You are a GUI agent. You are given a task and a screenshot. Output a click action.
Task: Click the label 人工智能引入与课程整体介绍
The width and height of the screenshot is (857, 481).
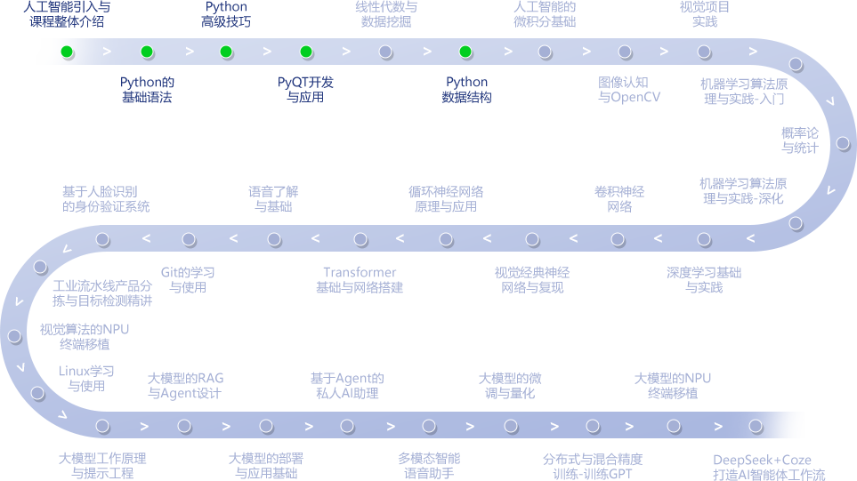click(x=66, y=14)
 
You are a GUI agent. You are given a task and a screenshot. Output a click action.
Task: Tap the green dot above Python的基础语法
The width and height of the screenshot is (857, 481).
click(x=147, y=52)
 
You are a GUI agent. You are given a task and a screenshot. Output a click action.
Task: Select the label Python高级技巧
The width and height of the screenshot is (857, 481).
click(x=226, y=14)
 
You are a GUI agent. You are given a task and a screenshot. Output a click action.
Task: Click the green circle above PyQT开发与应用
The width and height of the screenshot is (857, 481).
click(x=306, y=52)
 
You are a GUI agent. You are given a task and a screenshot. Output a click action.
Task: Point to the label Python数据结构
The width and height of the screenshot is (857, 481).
click(x=466, y=90)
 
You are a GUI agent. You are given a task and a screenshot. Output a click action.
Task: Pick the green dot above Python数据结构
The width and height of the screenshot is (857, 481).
click(x=465, y=52)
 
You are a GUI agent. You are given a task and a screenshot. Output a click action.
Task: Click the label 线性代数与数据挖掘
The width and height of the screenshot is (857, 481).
click(x=386, y=14)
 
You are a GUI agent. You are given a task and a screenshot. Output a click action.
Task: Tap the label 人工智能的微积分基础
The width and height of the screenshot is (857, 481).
click(x=545, y=14)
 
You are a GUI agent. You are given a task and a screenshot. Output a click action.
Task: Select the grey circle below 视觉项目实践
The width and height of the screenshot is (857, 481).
click(x=704, y=52)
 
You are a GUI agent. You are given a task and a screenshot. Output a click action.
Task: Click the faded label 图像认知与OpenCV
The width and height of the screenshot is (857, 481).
click(x=629, y=90)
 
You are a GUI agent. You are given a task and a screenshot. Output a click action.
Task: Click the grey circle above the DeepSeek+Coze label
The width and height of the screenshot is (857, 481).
click(x=756, y=426)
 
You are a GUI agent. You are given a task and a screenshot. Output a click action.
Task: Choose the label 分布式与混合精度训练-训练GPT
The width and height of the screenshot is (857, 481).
click(x=592, y=466)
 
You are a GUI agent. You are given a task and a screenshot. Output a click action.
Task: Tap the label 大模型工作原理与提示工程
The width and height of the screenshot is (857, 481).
click(x=102, y=466)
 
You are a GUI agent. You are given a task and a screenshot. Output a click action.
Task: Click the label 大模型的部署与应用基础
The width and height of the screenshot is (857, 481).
click(x=266, y=466)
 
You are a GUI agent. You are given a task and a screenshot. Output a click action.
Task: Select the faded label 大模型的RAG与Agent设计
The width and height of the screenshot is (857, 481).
click(x=185, y=386)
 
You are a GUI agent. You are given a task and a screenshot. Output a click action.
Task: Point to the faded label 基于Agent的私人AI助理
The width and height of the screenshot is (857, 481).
click(x=347, y=386)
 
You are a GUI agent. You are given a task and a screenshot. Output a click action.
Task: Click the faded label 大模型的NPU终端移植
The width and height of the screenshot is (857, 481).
click(x=673, y=386)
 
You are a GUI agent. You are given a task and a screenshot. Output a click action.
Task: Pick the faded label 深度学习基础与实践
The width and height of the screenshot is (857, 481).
click(x=704, y=280)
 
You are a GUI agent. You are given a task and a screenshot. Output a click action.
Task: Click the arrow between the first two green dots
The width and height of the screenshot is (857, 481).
click(x=107, y=52)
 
